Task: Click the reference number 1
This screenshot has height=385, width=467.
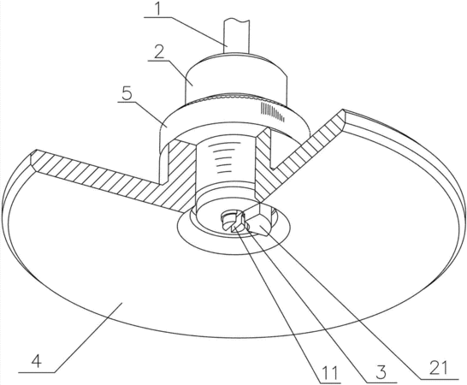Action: [x=158, y=9]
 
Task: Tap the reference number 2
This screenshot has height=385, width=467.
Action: [x=159, y=53]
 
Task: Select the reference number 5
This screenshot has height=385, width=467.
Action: [x=127, y=93]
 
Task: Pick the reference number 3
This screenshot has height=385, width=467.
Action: [x=381, y=372]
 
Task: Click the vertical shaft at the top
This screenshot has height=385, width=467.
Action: [x=236, y=36]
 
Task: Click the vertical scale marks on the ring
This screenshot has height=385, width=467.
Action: [x=273, y=111]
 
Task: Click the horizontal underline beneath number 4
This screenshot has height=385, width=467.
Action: [x=37, y=372]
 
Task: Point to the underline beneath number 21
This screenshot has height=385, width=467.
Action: [x=440, y=379]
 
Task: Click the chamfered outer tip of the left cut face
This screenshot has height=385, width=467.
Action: [x=33, y=160]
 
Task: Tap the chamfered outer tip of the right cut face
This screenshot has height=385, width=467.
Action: [x=343, y=119]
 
